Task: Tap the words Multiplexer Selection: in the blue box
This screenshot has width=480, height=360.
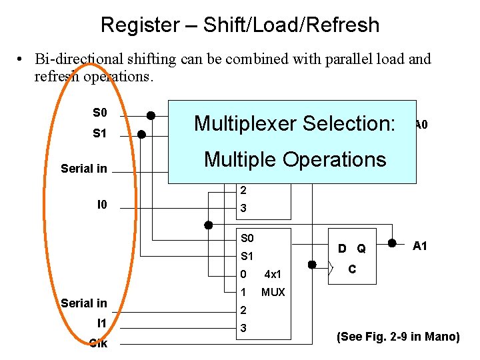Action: coord(295,123)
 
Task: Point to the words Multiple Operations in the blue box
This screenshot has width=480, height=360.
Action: coord(295,159)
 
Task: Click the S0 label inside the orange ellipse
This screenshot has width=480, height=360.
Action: coord(99,112)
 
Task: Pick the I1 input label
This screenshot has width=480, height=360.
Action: coord(101,323)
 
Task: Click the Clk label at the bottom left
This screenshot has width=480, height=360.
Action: coord(99,343)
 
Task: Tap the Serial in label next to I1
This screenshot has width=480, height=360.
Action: coord(84,303)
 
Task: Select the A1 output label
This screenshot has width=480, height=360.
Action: coord(420,246)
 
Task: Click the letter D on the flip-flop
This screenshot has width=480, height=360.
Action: coord(341,249)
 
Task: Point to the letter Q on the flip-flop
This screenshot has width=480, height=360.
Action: coord(361,249)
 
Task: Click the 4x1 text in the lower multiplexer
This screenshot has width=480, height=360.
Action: coord(273,274)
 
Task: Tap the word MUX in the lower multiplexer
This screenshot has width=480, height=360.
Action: coord(273,292)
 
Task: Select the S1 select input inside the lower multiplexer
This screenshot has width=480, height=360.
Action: coord(247,256)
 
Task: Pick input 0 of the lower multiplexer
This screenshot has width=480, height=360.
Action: coord(243,274)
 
